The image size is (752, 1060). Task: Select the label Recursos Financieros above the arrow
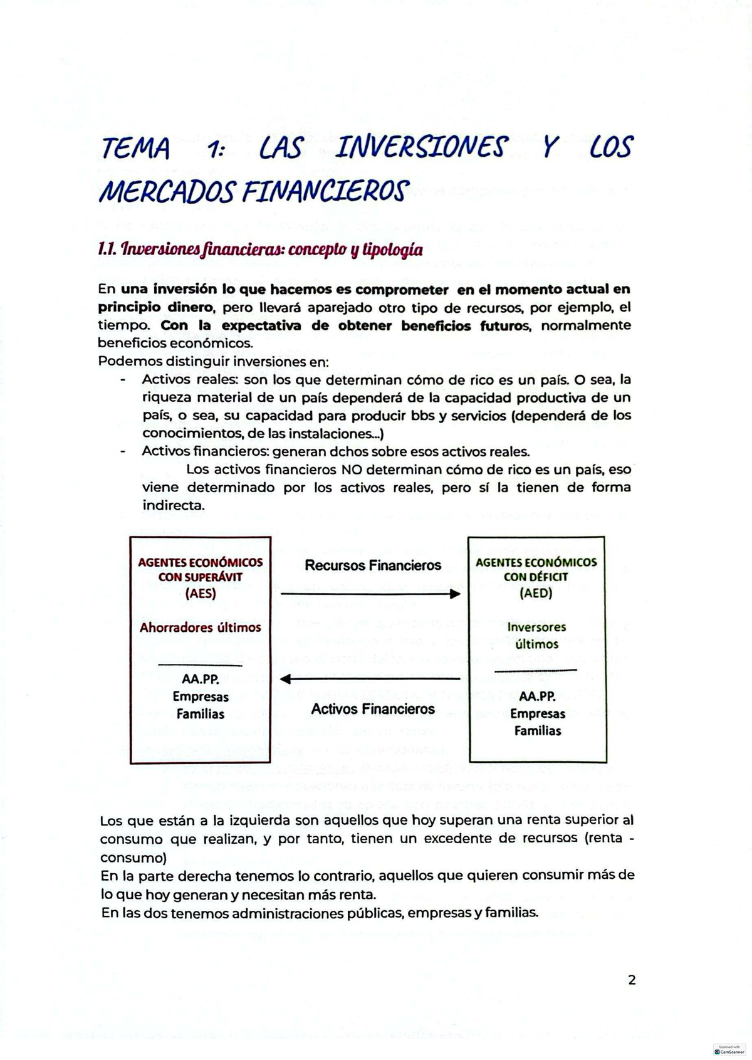(373, 565)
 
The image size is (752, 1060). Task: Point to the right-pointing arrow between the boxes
(370, 594)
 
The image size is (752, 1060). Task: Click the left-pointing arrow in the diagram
(370, 678)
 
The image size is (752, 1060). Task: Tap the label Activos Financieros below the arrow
(373, 709)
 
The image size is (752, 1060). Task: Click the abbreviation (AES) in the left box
(201, 593)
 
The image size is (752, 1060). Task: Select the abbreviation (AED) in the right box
(536, 593)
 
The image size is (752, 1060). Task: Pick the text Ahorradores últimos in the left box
(201, 627)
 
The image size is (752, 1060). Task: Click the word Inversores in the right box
(536, 627)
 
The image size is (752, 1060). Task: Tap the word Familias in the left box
(201, 713)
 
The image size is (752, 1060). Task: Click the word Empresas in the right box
(537, 713)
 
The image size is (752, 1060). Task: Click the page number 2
(632, 980)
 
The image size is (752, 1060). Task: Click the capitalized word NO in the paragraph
(349, 469)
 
